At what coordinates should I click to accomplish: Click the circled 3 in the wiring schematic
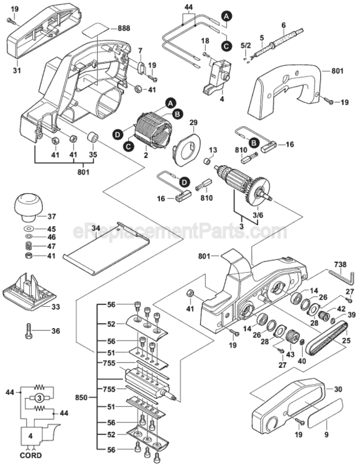click(x=39, y=398)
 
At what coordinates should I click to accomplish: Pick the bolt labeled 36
click(x=28, y=331)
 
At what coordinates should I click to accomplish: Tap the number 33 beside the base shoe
click(x=55, y=306)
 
